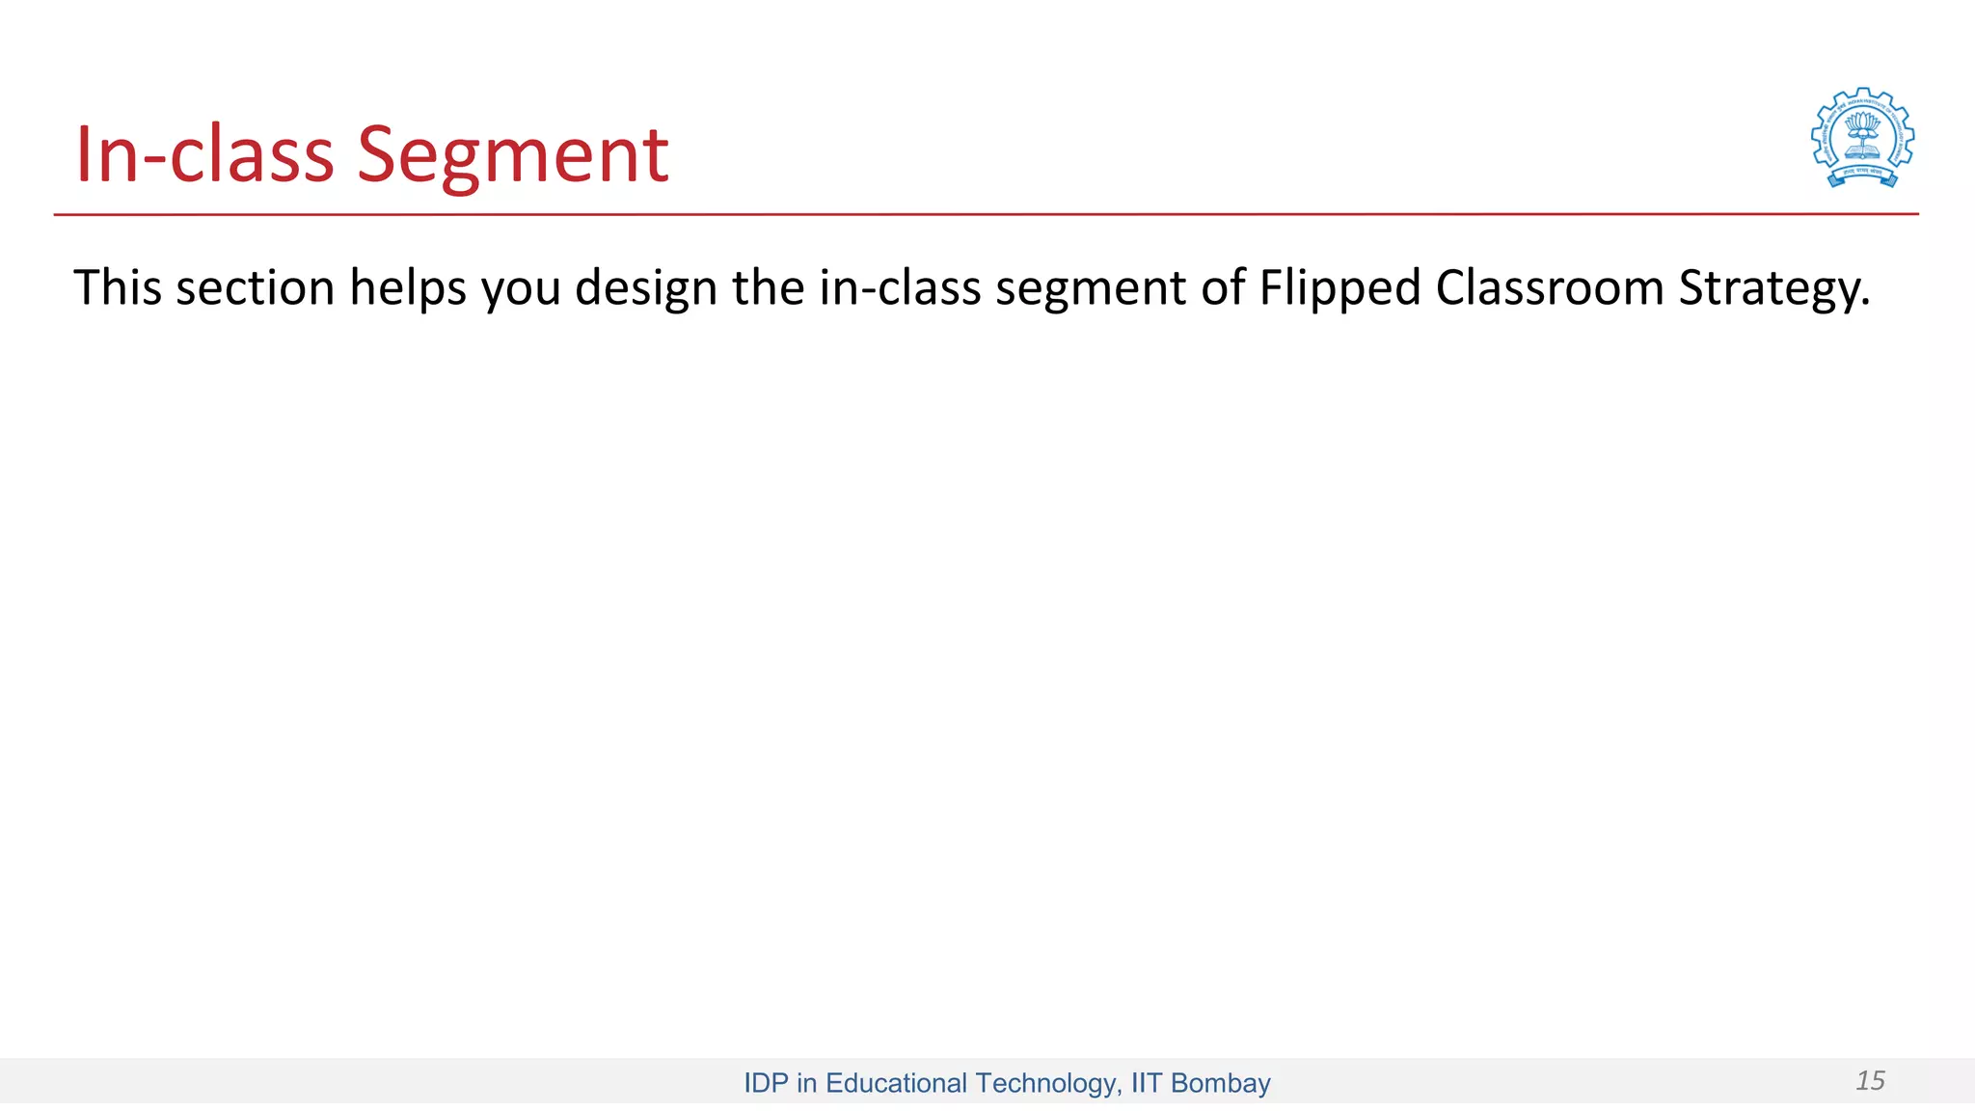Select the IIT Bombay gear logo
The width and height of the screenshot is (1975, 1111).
click(x=1862, y=138)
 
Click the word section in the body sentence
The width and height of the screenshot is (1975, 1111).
click(x=255, y=287)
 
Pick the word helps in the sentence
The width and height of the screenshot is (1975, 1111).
click(x=408, y=287)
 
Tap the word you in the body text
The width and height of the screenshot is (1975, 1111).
click(x=521, y=289)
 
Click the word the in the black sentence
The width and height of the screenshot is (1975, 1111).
click(x=768, y=287)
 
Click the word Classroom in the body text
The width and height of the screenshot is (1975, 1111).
click(x=1550, y=287)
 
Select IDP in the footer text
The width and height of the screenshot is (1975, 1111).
click(x=767, y=1083)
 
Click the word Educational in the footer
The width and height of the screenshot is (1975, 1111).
click(x=896, y=1083)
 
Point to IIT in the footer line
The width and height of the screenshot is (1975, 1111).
click(x=1146, y=1083)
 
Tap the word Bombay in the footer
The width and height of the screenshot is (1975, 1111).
click(x=1220, y=1083)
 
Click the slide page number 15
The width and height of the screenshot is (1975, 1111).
click(x=1870, y=1081)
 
